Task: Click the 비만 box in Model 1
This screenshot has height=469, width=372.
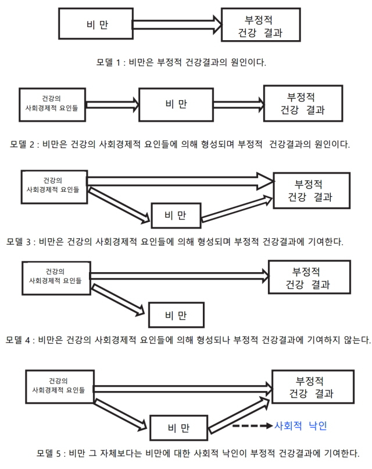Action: [96, 24]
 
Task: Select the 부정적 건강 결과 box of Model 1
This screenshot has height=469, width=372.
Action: [261, 24]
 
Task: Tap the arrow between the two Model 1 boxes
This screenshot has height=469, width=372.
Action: [177, 24]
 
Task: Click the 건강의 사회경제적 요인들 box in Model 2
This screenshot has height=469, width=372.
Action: [52, 105]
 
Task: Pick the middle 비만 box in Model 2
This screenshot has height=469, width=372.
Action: [176, 104]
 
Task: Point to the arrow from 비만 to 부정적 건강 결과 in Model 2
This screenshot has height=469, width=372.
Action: [239, 105]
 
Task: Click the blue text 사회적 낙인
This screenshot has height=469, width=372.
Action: [301, 426]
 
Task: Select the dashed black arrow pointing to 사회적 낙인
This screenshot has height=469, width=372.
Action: [252, 426]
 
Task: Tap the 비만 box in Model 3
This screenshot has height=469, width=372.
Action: [176, 216]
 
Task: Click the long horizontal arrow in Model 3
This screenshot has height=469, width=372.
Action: [180, 181]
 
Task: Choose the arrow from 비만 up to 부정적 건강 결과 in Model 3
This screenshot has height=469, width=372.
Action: [237, 209]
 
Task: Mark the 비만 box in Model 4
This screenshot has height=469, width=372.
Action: [176, 315]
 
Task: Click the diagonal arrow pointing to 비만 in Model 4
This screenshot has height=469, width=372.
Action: [118, 300]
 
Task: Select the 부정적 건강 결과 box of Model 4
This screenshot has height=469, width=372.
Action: [309, 277]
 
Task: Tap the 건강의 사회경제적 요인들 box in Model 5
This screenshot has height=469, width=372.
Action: [60, 386]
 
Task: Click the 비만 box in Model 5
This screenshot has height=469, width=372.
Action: [178, 428]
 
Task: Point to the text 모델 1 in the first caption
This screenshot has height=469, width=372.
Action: [108, 62]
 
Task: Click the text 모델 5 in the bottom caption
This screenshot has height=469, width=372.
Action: [49, 453]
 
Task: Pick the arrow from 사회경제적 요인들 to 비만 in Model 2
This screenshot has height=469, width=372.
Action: [112, 105]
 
